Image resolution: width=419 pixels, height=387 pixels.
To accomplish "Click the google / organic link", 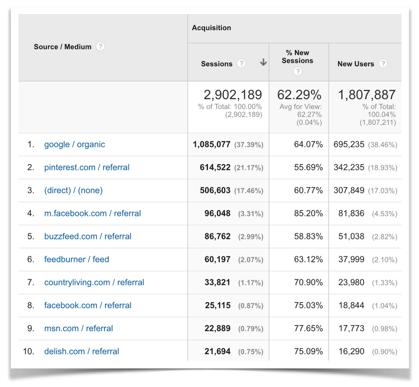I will click(x=74, y=144).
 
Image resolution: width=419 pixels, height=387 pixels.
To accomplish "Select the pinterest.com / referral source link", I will click(x=87, y=167).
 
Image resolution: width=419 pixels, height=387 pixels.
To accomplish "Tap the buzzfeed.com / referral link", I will click(x=88, y=236).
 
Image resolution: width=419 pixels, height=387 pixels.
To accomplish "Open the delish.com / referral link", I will click(x=81, y=351).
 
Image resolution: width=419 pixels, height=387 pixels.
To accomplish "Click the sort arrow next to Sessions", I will click(x=263, y=63).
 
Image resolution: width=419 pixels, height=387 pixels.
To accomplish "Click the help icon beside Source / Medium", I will click(x=101, y=46).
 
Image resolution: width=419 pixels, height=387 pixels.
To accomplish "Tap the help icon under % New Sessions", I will click(x=297, y=71).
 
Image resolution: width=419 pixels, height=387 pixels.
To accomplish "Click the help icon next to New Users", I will click(x=383, y=63).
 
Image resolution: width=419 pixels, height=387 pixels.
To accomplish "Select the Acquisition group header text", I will click(x=211, y=28).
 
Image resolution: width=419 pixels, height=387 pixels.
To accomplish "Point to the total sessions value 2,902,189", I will click(x=233, y=95).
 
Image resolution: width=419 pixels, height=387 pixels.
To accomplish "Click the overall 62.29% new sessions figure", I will click(x=299, y=95).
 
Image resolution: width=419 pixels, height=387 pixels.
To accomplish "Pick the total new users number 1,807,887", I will click(x=367, y=95).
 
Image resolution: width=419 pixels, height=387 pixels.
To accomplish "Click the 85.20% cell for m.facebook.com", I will click(x=308, y=213).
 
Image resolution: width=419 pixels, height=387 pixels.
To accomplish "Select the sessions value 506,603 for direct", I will click(x=215, y=191).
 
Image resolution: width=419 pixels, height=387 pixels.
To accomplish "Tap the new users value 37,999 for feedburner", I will click(x=351, y=259).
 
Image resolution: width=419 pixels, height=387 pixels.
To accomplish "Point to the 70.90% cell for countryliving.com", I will click(x=308, y=282).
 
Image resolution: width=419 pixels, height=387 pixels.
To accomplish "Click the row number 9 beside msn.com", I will click(x=31, y=328).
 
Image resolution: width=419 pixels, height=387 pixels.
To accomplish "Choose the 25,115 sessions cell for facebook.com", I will click(x=218, y=306).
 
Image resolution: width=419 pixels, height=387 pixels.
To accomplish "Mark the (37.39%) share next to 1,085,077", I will click(x=249, y=145).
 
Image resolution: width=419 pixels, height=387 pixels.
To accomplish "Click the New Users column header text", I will click(x=355, y=64).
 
